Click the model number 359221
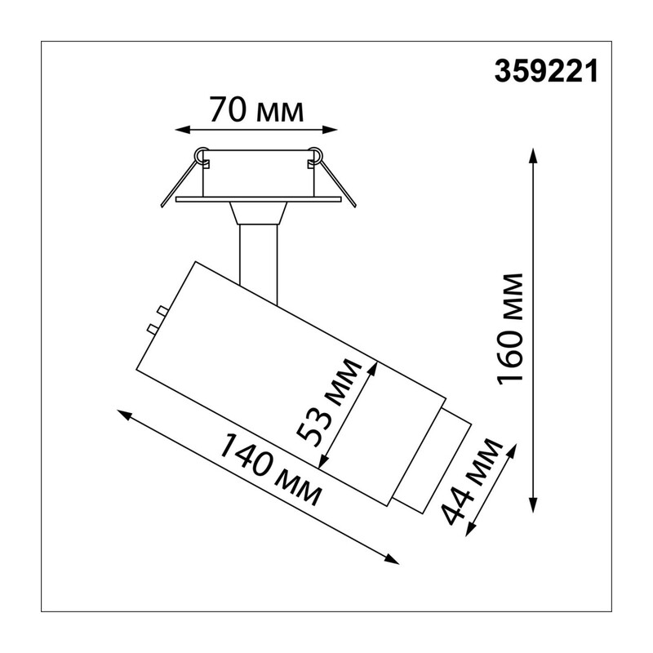(546, 71)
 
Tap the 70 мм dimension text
(256, 110)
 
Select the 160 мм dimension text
(509, 330)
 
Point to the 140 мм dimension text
(269, 469)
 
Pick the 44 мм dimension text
(472, 482)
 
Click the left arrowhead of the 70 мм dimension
(183, 130)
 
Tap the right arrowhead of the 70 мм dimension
(330, 130)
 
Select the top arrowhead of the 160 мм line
(533, 155)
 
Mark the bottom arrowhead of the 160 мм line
(533, 504)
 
